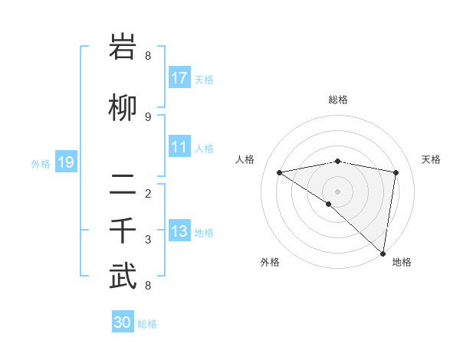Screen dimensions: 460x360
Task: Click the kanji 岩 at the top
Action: (x=123, y=47)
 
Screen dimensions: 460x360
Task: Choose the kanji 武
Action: (x=123, y=277)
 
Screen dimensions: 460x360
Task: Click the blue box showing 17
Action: (x=179, y=78)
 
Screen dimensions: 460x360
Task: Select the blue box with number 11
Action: (x=179, y=147)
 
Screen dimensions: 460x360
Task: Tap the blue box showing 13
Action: (x=179, y=231)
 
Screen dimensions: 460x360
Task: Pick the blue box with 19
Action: (x=66, y=162)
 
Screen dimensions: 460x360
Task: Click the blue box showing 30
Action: (x=123, y=323)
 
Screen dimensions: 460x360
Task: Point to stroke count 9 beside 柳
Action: (x=148, y=116)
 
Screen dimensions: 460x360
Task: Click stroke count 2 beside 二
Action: (x=148, y=193)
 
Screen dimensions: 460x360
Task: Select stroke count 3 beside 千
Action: (x=148, y=240)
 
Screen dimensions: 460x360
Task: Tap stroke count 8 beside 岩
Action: (x=148, y=56)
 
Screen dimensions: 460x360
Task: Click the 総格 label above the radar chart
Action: (x=338, y=100)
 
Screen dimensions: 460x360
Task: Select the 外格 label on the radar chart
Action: (x=270, y=262)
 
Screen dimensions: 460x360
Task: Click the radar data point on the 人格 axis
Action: (x=279, y=172)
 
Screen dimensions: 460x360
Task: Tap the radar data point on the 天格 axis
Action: (x=396, y=172)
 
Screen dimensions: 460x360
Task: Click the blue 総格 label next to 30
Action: (x=147, y=324)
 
